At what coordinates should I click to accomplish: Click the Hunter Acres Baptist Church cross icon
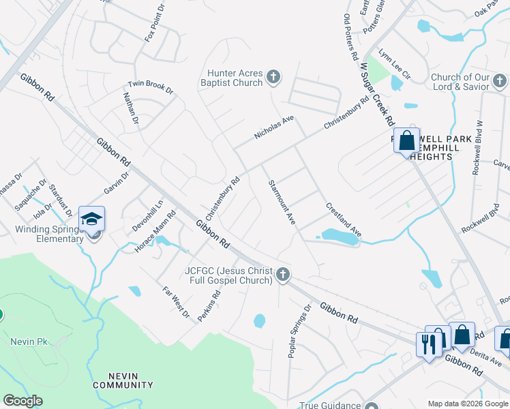pyautogui.click(x=273, y=76)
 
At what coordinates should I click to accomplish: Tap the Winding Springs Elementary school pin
pyautogui.click(x=92, y=219)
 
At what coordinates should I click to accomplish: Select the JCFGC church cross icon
pyautogui.click(x=283, y=275)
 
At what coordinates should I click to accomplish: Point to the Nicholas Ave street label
pyautogui.click(x=274, y=127)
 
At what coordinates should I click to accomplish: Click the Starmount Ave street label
pyautogui.click(x=282, y=202)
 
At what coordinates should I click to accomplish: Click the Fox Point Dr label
pyautogui.click(x=155, y=25)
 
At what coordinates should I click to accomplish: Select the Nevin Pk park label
pyautogui.click(x=27, y=341)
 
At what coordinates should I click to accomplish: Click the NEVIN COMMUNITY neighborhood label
pyautogui.click(x=123, y=380)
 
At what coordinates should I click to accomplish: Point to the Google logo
pyautogui.click(x=22, y=401)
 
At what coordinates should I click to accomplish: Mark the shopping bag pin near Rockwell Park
pyautogui.click(x=406, y=141)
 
